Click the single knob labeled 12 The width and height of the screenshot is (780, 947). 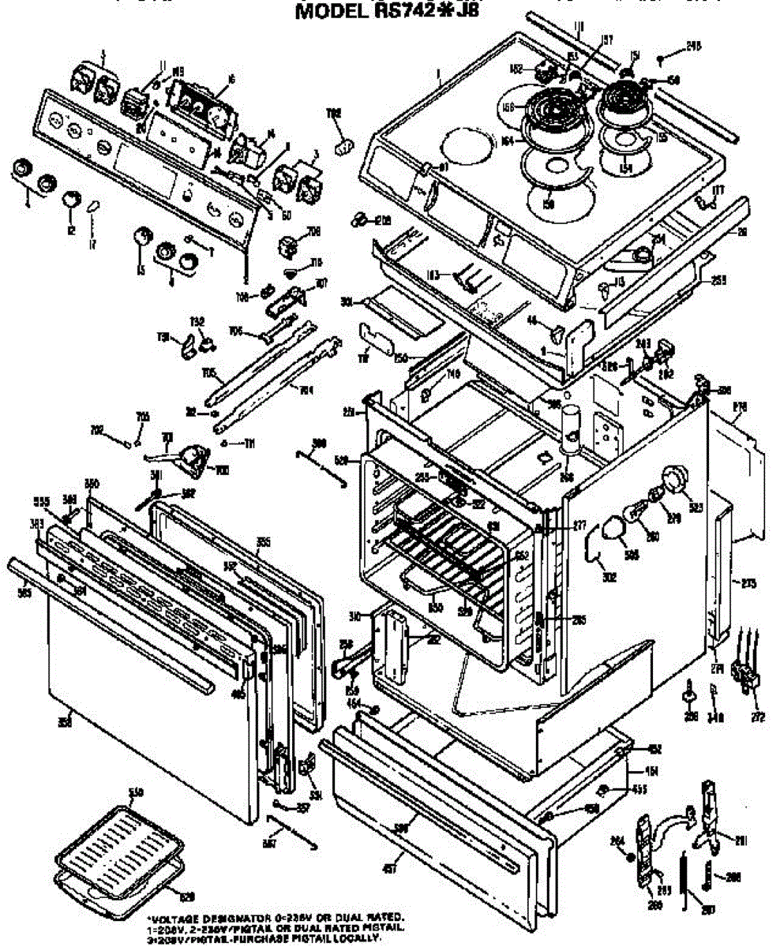click(x=72, y=200)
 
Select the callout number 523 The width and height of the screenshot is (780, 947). click(x=696, y=508)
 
